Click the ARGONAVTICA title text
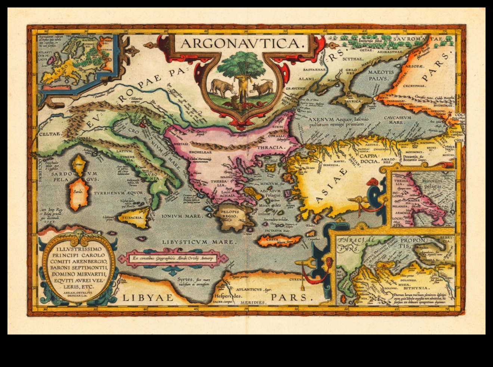click(241, 44)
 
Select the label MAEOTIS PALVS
click(381, 75)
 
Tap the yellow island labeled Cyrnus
click(78, 165)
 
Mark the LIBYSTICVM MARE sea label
click(199, 242)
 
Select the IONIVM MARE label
click(182, 216)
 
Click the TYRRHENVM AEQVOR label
click(118, 193)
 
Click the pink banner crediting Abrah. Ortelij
click(173, 258)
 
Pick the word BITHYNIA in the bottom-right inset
click(418, 288)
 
